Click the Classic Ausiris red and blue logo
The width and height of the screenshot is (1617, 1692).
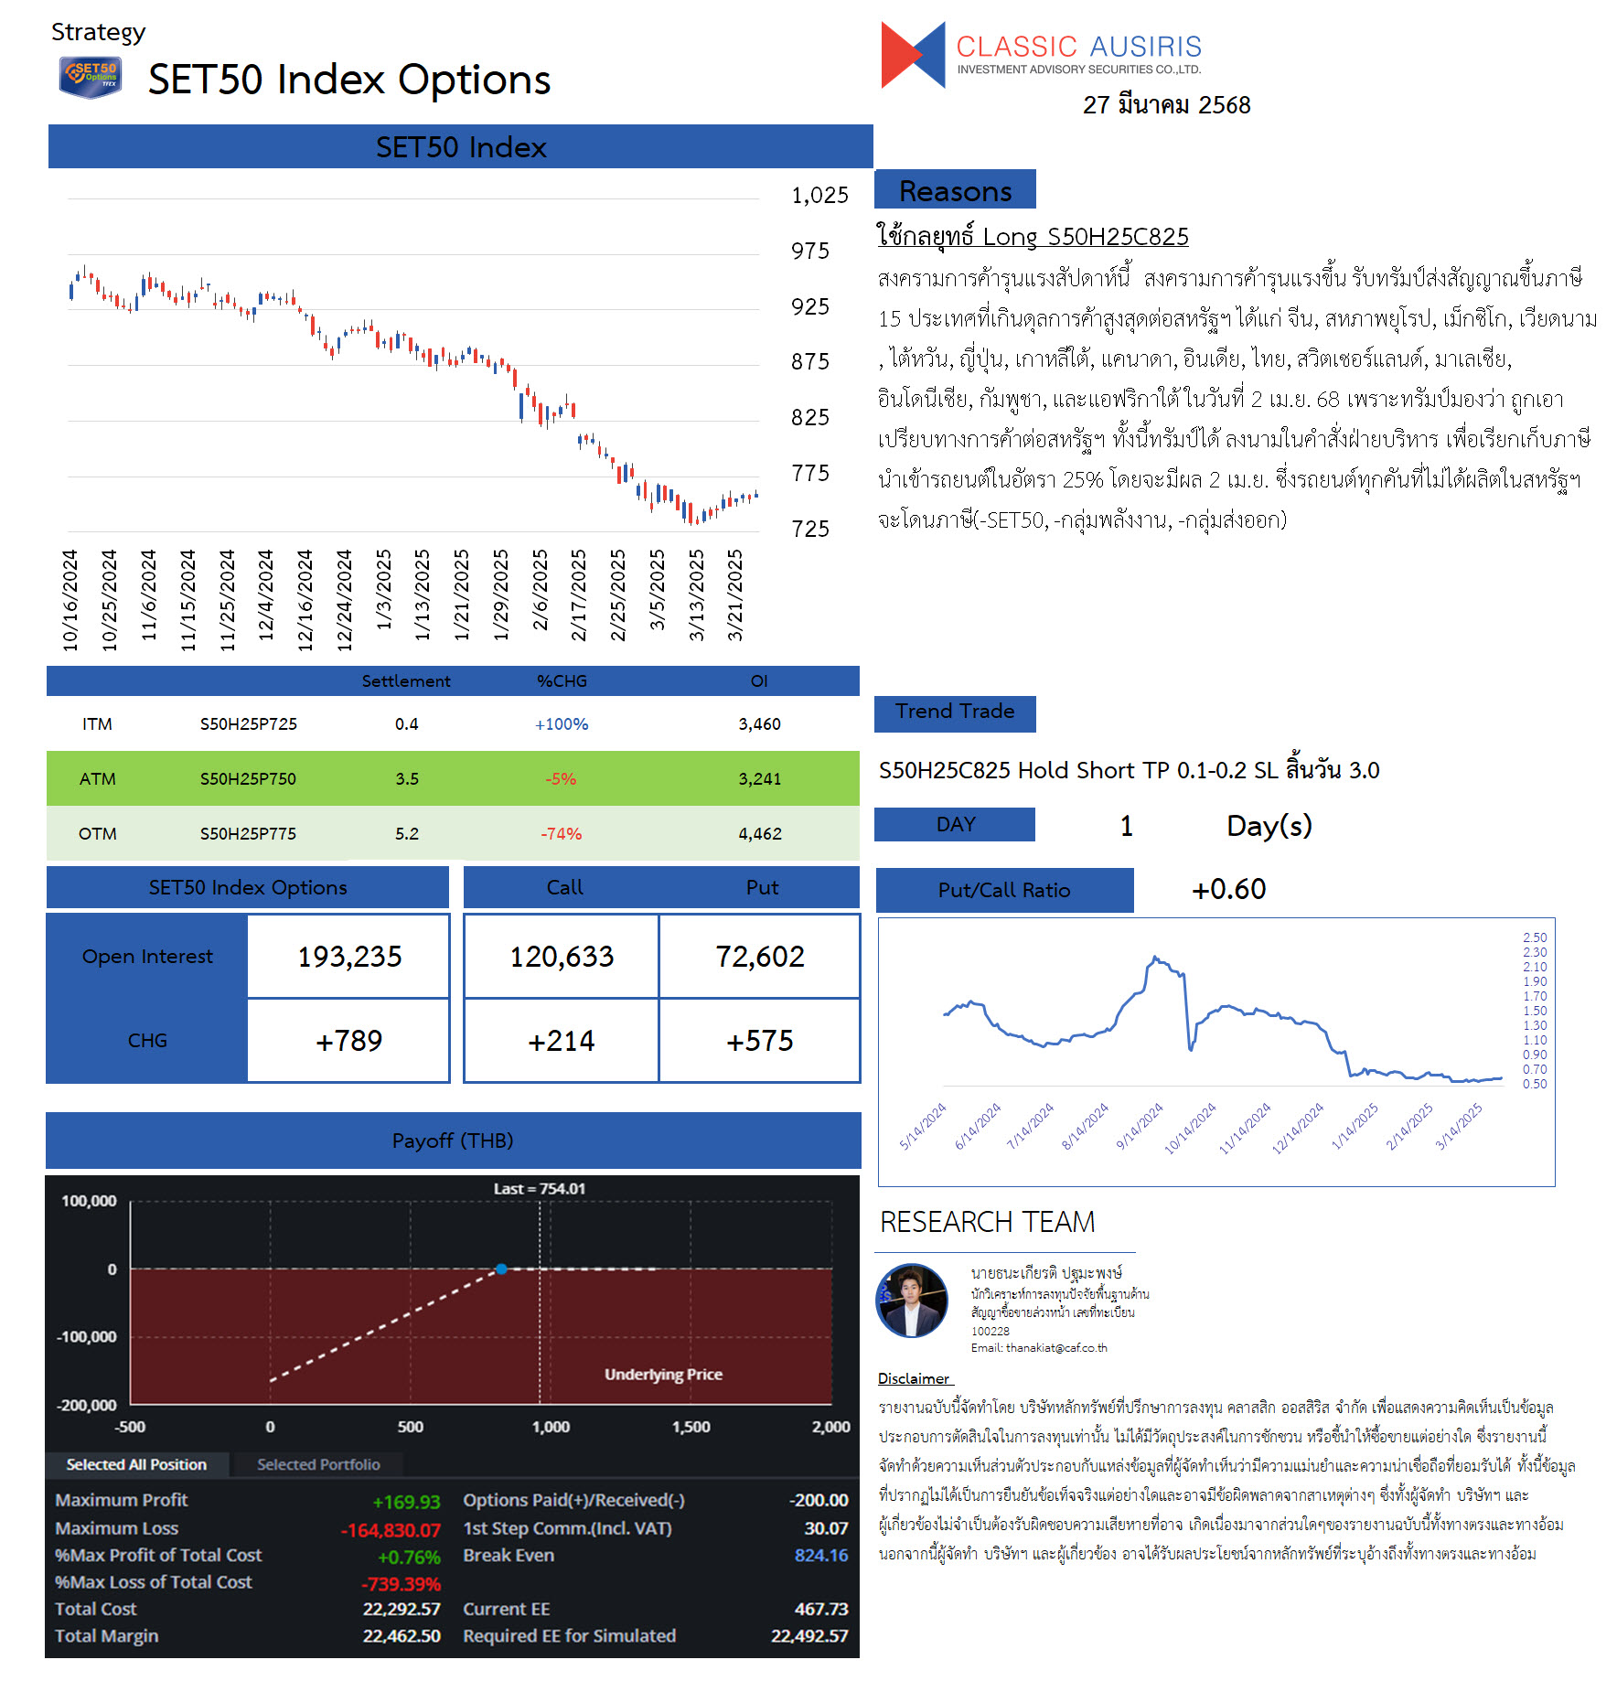912,55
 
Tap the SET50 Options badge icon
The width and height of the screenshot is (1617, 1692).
91,77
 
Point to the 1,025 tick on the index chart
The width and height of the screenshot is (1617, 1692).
819,195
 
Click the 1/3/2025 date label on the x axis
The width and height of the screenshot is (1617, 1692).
384,589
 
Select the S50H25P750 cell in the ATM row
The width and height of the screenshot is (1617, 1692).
248,779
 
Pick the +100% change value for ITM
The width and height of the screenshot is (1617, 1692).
562,724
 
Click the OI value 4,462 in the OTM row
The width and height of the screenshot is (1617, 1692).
759,834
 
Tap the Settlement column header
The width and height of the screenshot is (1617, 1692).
406,681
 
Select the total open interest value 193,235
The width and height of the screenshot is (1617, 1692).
349,957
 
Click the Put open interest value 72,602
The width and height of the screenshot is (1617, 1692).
760,957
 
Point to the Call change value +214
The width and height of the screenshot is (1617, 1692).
562,1041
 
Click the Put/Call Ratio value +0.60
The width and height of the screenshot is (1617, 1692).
1228,889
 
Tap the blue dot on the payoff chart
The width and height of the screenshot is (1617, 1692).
501,1269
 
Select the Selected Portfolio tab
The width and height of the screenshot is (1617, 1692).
318,1464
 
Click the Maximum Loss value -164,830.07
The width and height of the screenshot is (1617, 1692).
391,1530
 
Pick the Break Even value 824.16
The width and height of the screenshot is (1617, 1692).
821,1556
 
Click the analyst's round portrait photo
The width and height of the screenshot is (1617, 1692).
912,1300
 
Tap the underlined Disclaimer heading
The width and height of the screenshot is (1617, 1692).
915,1378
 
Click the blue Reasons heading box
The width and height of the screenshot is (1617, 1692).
955,190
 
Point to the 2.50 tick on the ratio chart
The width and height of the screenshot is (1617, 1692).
1535,937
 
